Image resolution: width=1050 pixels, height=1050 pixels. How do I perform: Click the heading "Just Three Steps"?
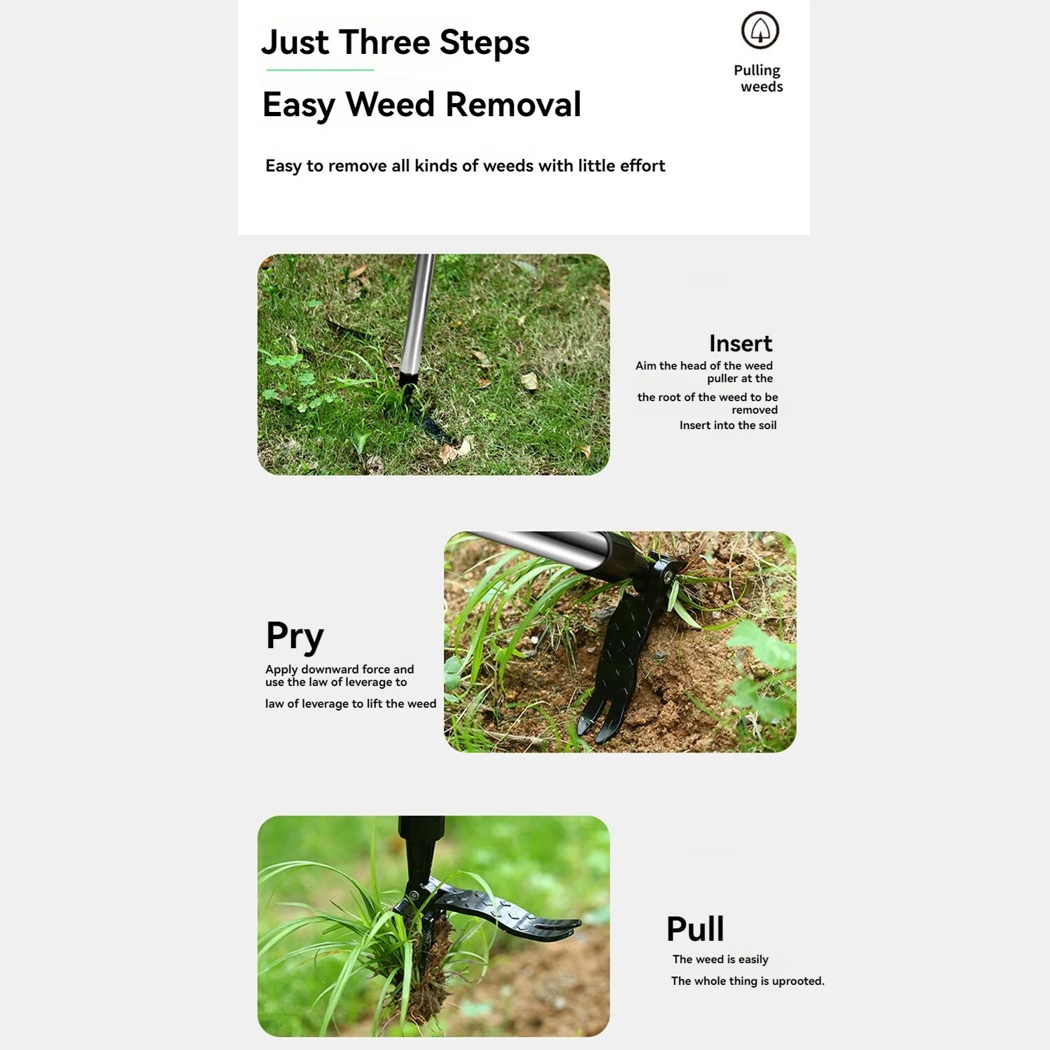coord(395,43)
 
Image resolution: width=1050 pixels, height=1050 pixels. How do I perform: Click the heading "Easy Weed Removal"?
coord(421,105)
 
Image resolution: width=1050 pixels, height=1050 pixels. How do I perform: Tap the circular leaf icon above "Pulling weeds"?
coord(759,30)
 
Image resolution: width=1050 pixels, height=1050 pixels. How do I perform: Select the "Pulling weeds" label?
coord(758,78)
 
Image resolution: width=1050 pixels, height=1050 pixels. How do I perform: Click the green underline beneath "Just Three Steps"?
coord(320,70)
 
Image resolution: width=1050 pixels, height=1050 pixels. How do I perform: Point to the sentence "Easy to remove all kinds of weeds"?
coord(465,166)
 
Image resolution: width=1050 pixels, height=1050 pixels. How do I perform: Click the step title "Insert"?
coord(740,344)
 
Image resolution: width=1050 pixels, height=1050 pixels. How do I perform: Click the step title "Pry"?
coord(295,636)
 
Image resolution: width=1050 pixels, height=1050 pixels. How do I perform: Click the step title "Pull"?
coord(694,930)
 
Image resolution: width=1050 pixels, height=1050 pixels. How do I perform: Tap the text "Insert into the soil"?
coord(727,426)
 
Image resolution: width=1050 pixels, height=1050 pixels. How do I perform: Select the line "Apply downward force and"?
coord(339,669)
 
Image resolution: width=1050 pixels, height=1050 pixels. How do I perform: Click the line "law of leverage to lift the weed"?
coord(350,703)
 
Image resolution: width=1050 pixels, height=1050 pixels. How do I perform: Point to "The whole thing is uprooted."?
coord(747,981)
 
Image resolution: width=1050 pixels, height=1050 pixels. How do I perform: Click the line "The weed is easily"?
coord(720,959)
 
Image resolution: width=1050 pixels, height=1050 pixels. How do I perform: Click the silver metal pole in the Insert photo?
coord(417,315)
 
